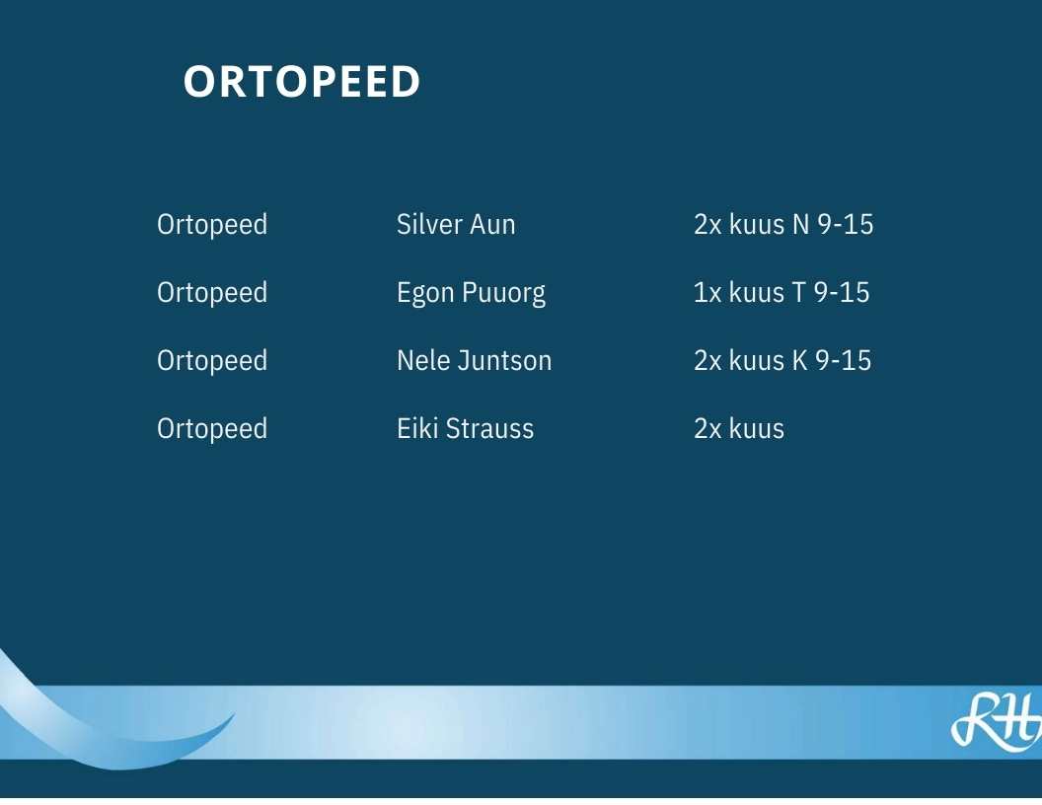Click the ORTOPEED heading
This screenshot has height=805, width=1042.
302,82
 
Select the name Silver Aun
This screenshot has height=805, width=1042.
456,225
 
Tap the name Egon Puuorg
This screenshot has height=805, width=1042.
471,294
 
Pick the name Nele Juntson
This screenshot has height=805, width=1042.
474,361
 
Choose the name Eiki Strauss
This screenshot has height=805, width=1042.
465,428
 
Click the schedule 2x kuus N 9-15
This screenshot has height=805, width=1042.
783,225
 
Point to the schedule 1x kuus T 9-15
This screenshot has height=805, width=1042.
781,292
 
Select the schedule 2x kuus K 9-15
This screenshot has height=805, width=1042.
782,361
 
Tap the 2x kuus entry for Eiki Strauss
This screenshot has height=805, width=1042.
739,428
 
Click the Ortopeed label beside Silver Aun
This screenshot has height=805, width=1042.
212,225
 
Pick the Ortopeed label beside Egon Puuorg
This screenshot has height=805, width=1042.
212,294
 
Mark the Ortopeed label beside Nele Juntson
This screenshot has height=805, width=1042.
212,361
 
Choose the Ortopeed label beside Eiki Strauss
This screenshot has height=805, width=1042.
212,430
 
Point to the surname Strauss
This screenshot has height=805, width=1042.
489,428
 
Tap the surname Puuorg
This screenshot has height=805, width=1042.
503,294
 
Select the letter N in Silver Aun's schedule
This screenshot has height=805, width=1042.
801,225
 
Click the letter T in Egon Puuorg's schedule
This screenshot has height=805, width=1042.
798,292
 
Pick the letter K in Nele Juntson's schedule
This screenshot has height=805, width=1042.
799,361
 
